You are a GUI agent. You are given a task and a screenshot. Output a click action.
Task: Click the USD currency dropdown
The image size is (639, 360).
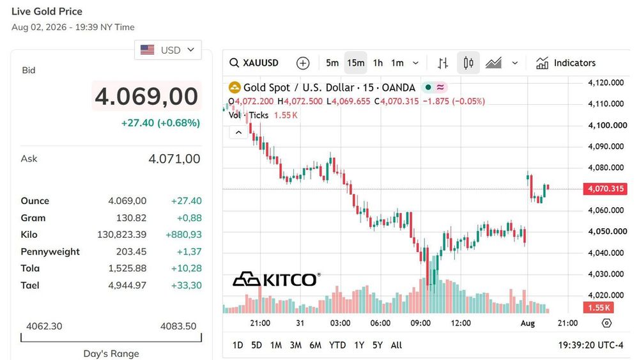[x=168, y=50]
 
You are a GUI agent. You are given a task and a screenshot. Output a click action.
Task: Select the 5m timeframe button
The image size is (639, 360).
[x=332, y=63]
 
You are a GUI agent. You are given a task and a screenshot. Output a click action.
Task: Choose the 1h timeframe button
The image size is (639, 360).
[x=378, y=63]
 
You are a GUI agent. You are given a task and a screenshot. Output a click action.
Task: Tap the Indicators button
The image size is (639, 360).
[x=566, y=63]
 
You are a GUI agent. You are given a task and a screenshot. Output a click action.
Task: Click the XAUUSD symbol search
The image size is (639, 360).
[x=254, y=63]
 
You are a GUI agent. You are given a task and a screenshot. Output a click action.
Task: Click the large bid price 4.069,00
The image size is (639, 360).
[x=146, y=96]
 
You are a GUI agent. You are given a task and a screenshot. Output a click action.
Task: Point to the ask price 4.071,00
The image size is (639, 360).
[x=174, y=159]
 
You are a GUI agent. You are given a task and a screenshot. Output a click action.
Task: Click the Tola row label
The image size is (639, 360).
[x=30, y=269]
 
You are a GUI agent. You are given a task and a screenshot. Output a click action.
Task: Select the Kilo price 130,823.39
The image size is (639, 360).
[x=121, y=235]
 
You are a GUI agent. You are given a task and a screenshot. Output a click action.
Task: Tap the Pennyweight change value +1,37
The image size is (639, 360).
[x=189, y=251]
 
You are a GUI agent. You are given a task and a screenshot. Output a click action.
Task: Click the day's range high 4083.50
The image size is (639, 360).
[x=178, y=326]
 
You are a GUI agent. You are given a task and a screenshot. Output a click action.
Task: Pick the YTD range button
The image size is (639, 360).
[x=337, y=345]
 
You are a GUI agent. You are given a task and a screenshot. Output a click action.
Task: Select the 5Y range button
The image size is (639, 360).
[x=378, y=345]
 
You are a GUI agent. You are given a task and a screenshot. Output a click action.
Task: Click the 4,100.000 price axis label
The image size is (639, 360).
[x=608, y=125]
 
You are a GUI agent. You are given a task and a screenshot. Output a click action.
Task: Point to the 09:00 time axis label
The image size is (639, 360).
[x=420, y=323]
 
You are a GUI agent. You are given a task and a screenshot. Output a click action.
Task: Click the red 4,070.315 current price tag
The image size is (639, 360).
[x=605, y=189]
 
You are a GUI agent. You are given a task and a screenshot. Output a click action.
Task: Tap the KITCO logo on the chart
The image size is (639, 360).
[x=276, y=279]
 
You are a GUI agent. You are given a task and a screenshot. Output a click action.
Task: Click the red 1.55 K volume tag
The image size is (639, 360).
[x=599, y=308]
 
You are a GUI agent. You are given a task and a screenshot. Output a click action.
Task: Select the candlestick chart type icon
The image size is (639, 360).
[x=468, y=63]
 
